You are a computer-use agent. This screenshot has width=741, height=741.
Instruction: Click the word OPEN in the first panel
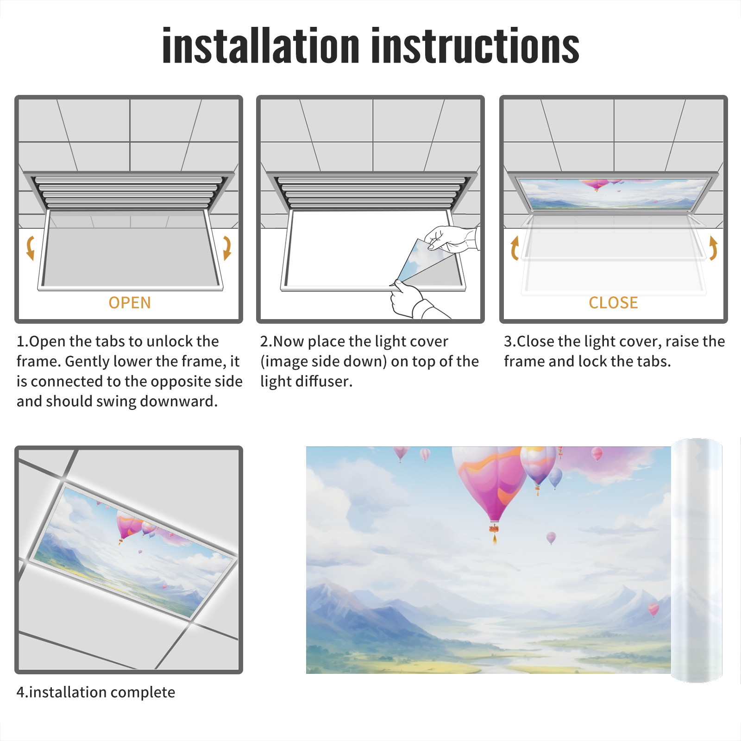[x=130, y=302]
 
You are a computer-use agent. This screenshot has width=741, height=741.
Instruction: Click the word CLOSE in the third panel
[x=613, y=302]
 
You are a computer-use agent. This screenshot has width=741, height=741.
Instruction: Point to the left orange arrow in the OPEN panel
[x=30, y=248]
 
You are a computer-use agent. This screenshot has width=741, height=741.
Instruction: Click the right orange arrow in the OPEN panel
[x=227, y=248]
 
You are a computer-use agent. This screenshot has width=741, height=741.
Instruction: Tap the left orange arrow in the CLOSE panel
[x=515, y=248]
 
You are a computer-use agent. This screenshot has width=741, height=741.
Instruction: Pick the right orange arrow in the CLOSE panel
[x=713, y=248]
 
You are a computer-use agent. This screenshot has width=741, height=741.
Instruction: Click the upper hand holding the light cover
[x=452, y=239]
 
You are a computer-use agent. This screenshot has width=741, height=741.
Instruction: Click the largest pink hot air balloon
[x=491, y=486]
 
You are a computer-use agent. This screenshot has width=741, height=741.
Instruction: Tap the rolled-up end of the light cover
[x=697, y=560]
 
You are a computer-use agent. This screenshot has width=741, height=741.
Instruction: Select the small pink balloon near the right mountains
[x=653, y=609]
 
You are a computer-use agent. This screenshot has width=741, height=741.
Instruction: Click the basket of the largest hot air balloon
[x=494, y=528]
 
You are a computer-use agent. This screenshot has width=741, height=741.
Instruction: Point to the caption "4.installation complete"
[x=96, y=692]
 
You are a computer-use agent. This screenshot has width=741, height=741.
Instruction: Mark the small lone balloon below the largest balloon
[x=551, y=538]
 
